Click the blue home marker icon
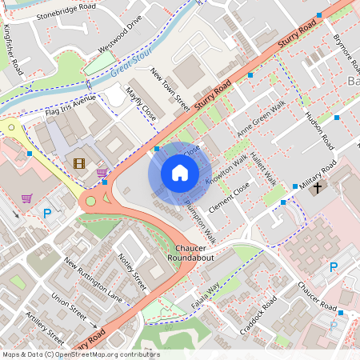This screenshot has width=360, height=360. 180,173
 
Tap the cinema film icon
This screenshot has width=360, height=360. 78,163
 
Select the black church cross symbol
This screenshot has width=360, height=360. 318,188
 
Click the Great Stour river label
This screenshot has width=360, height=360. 131,68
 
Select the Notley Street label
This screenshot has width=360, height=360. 133,270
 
